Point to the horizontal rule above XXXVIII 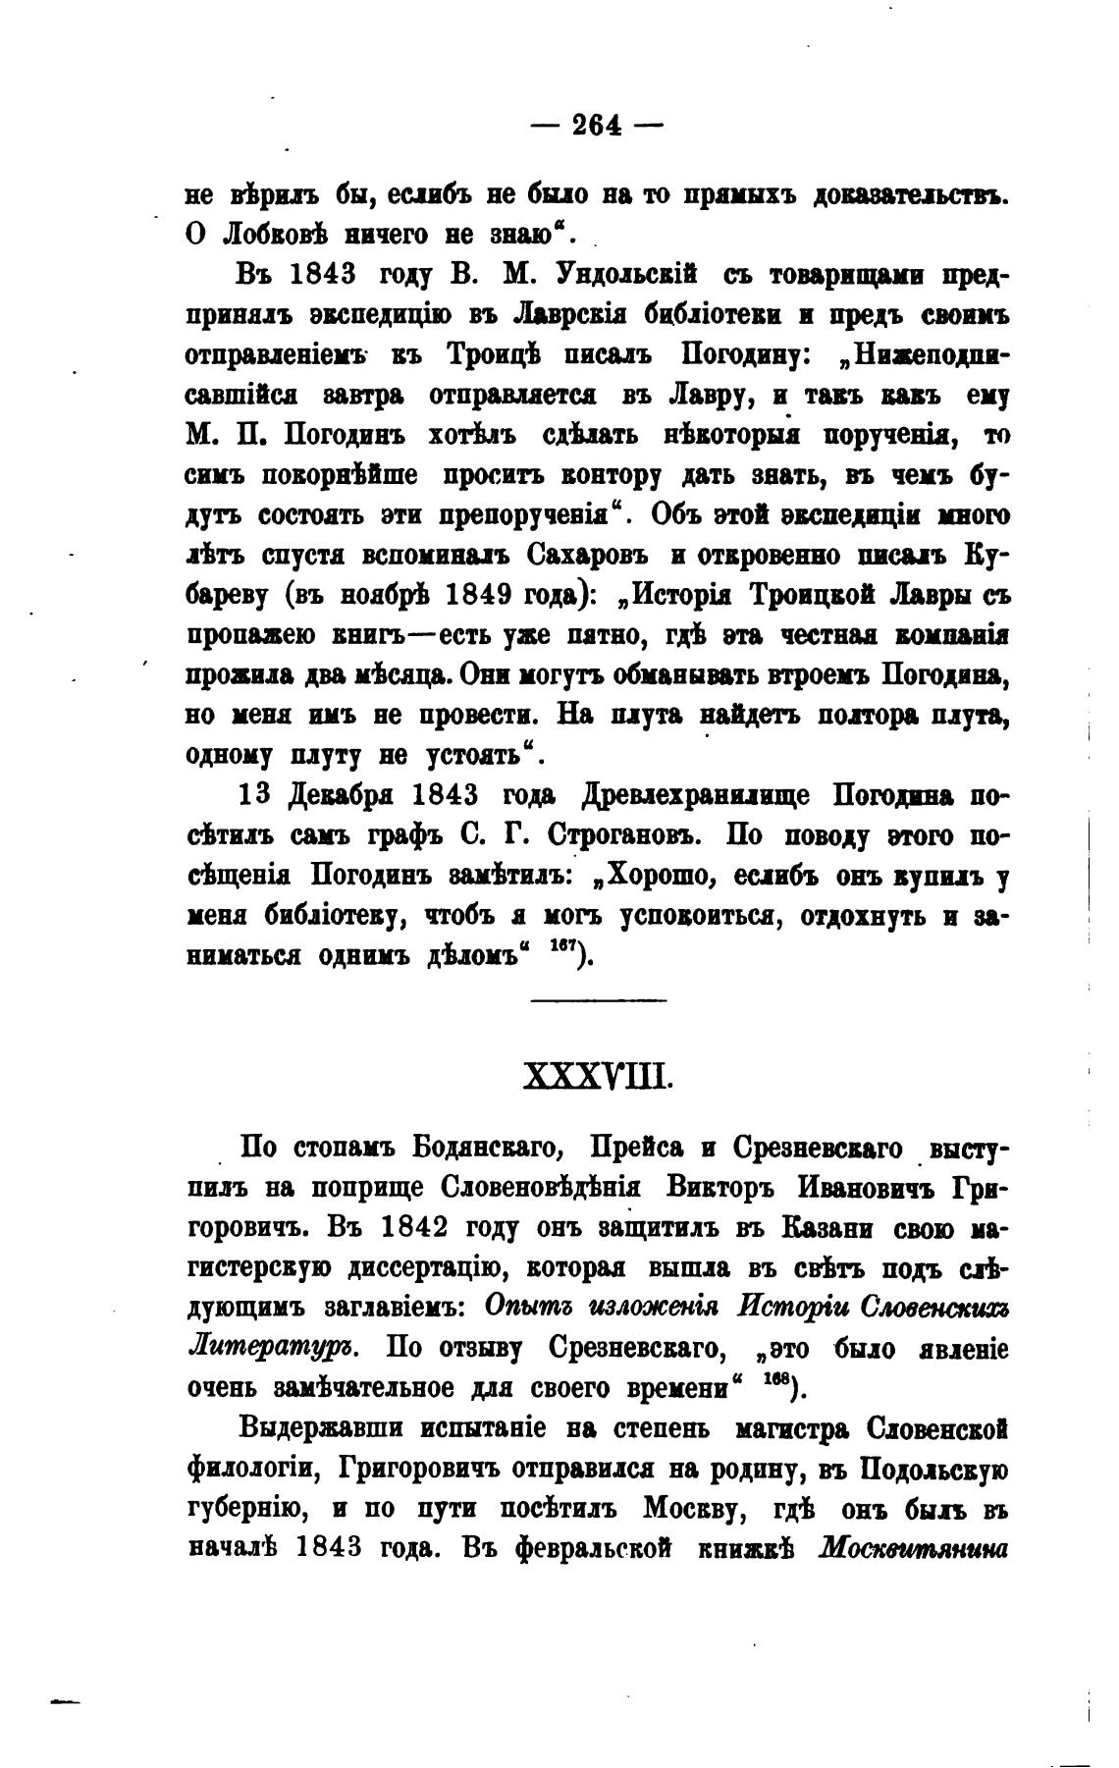pos(598,1000)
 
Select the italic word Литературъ pos(273,1347)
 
